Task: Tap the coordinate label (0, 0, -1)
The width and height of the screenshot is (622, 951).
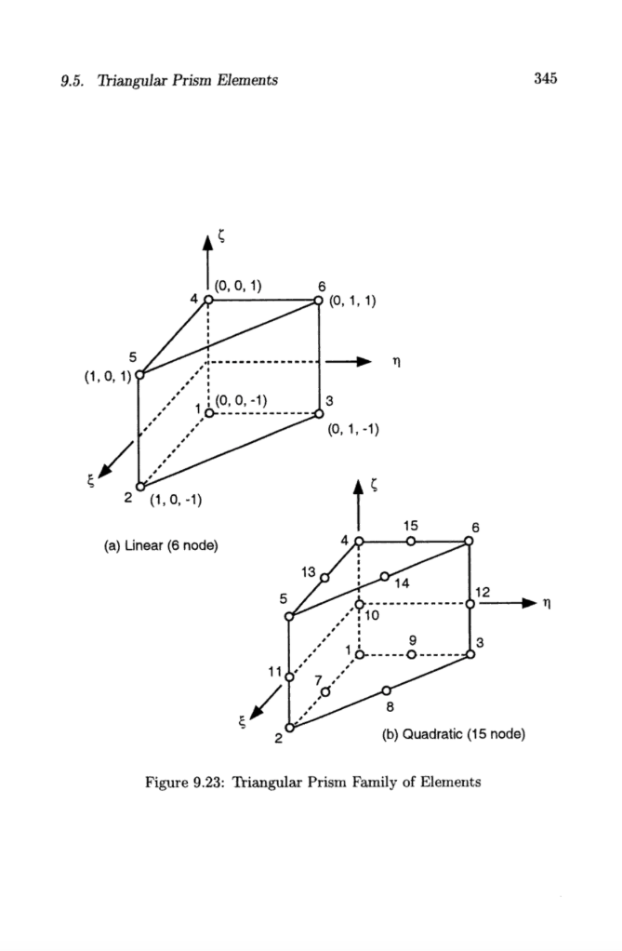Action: pyautogui.click(x=242, y=400)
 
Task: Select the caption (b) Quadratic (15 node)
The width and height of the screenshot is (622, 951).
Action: pyautogui.click(x=455, y=734)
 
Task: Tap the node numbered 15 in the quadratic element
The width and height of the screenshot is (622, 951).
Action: pyautogui.click(x=410, y=542)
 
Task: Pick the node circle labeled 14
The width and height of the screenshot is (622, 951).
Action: pyautogui.click(x=384, y=577)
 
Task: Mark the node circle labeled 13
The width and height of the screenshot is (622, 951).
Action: pyautogui.click(x=324, y=578)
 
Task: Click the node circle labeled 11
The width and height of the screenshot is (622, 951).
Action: pyautogui.click(x=289, y=676)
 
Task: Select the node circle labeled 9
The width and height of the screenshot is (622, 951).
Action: pyautogui.click(x=410, y=654)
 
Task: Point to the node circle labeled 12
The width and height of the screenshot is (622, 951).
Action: pyautogui.click(x=470, y=604)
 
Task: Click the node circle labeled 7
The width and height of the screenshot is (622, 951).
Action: pyautogui.click(x=325, y=691)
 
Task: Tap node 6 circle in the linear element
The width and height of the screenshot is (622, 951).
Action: pyautogui.click(x=319, y=301)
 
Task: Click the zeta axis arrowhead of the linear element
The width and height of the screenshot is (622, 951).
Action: pyautogui.click(x=208, y=244)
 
